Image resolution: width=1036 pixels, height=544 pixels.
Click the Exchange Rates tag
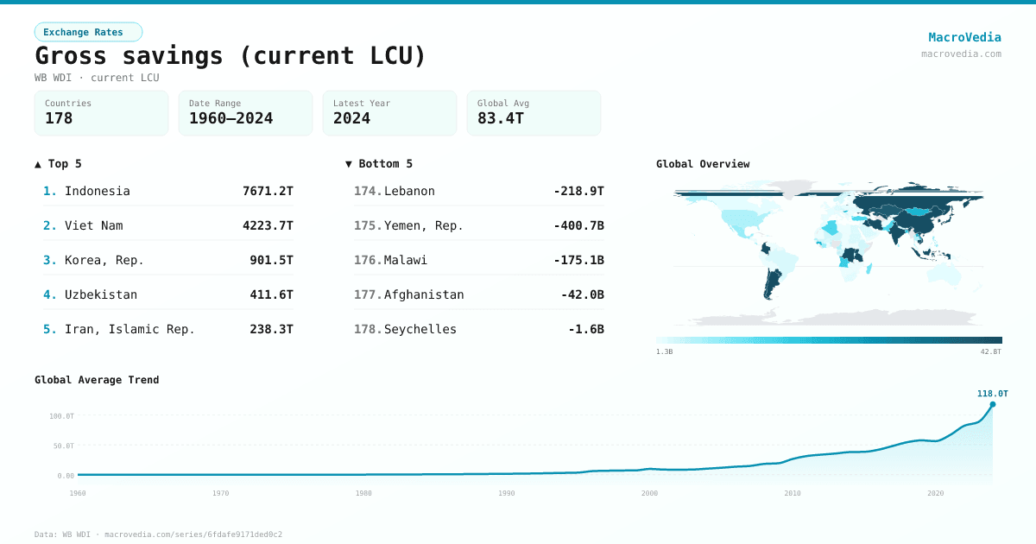[88, 32]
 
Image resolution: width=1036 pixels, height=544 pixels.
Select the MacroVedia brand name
[964, 37]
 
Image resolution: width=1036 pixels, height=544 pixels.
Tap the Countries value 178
[59, 118]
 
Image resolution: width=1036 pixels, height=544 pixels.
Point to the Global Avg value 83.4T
[501, 118]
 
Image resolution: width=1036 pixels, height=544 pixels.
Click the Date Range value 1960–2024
[231, 118]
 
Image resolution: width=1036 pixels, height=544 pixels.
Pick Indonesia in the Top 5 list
[98, 191]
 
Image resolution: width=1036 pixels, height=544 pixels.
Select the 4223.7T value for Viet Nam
[268, 225]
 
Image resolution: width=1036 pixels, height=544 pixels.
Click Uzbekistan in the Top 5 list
[101, 294]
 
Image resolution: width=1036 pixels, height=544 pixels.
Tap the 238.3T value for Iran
[271, 329]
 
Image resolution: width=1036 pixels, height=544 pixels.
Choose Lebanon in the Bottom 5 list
[409, 191]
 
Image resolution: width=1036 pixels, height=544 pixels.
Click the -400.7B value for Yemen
[578, 225]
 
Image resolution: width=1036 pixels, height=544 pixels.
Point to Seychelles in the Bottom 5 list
[420, 329]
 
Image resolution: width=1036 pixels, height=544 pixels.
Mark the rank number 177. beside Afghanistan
[368, 294]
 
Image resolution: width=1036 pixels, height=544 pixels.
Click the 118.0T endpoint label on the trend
[992, 394]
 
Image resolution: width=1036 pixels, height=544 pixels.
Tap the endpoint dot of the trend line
[992, 404]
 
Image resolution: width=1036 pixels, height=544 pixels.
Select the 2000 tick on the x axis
[649, 493]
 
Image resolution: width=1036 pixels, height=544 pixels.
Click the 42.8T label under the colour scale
[991, 351]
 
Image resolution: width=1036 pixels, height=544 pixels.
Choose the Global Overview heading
[703, 164]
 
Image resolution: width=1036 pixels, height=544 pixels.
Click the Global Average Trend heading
[97, 380]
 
